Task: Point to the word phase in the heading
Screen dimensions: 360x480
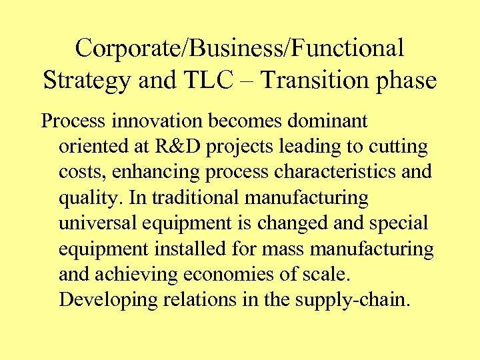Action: pos(407,81)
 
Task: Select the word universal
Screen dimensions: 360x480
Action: pos(101,223)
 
